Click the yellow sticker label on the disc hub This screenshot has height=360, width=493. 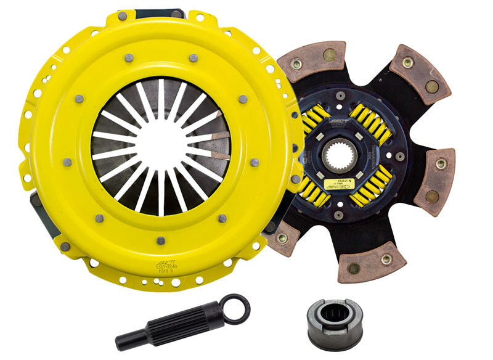(340, 184)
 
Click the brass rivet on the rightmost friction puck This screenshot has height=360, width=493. (441, 165)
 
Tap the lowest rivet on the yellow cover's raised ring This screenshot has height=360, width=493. (160, 240)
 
